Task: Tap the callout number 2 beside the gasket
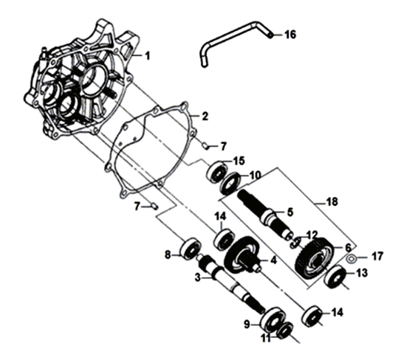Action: coord(205,117)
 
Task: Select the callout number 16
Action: coord(290,35)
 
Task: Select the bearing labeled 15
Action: coord(216,172)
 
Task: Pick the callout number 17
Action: coord(378,257)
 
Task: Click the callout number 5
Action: coord(289,212)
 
